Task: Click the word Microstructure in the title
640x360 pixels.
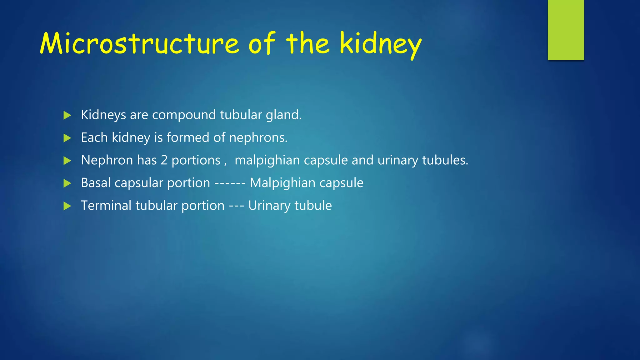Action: pyautogui.click(x=139, y=44)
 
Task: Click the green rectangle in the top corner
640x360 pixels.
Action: pyautogui.click(x=566, y=30)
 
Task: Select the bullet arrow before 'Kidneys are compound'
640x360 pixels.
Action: pyautogui.click(x=67, y=115)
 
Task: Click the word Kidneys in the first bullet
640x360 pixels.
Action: pyautogui.click(x=103, y=115)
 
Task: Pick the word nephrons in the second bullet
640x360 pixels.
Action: pyautogui.click(x=258, y=138)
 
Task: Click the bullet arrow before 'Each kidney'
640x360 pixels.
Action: pyautogui.click(x=67, y=138)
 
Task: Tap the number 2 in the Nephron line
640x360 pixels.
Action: pyautogui.click(x=164, y=160)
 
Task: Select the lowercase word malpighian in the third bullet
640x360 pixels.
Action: pyautogui.click(x=267, y=161)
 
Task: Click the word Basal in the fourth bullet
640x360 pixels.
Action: pyautogui.click(x=96, y=183)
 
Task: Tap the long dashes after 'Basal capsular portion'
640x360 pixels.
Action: pyautogui.click(x=230, y=183)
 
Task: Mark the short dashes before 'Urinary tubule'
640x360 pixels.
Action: pyautogui.click(x=237, y=206)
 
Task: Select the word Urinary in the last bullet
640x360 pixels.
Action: pyautogui.click(x=269, y=206)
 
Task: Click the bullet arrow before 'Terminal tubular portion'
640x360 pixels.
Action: pyautogui.click(x=67, y=206)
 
